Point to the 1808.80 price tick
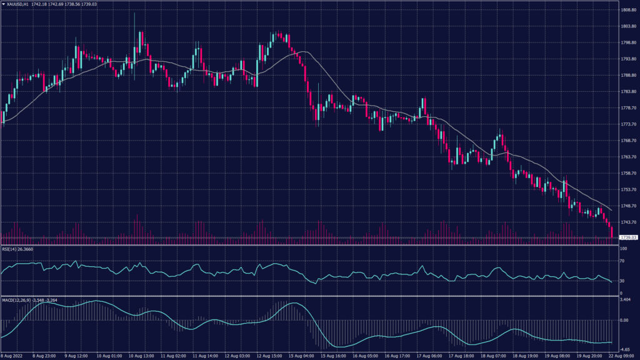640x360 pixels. tap(627, 10)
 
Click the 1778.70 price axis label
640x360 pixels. tap(627, 108)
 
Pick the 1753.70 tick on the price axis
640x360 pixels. tap(627, 189)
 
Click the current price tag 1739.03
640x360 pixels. tap(627, 237)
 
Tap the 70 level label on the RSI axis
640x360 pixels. tap(621, 261)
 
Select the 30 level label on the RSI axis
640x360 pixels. tap(621, 281)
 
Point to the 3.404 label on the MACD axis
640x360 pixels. tap(624, 299)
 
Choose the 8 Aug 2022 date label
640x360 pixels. tap(14, 356)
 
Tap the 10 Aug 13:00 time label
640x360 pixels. tap(142, 356)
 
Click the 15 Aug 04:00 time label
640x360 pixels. tap(301, 356)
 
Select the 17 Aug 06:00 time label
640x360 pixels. tap(429, 356)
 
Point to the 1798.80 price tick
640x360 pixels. tap(627, 42)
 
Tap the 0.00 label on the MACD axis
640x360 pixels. tap(623, 320)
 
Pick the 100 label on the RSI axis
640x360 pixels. tap(622, 249)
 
